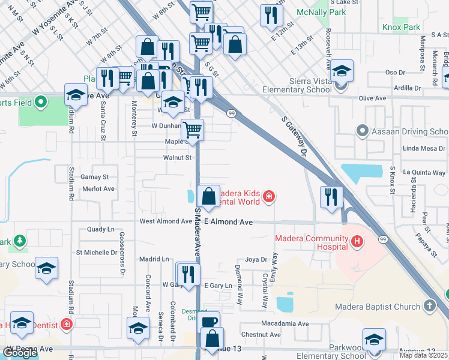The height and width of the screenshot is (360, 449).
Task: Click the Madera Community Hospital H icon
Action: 358,242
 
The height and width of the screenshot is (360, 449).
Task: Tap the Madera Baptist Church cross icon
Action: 429,307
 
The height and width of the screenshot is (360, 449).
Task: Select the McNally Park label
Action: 321,12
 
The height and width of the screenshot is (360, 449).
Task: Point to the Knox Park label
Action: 402,28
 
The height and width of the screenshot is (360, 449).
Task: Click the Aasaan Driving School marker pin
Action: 362,130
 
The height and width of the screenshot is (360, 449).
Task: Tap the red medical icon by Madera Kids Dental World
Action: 270,196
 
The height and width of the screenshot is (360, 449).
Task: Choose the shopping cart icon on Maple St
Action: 192,129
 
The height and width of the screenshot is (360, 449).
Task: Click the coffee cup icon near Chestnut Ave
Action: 209,322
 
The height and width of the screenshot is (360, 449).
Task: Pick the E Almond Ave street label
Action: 228,222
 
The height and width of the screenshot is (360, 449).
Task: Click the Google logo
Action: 20,353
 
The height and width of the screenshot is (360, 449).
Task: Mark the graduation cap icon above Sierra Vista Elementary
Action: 342,71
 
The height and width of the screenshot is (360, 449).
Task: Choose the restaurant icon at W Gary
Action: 189,274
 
